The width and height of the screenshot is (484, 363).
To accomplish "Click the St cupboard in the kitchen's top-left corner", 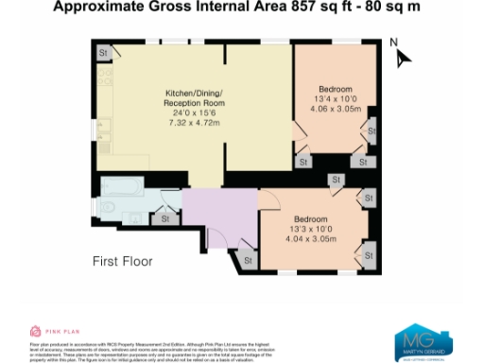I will pyautogui.click(x=102, y=53).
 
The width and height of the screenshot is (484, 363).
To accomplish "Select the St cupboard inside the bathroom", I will pyautogui.click(x=165, y=218).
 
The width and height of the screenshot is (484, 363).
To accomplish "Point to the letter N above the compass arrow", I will pyautogui.click(x=396, y=42).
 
